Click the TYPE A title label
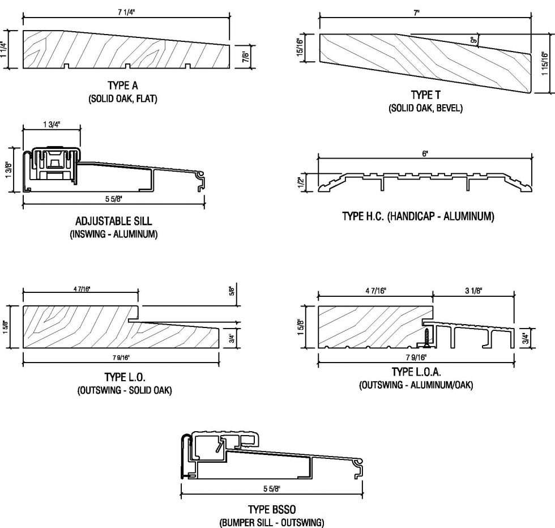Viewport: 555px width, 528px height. coord(122,86)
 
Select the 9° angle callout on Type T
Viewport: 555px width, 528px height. coord(473,40)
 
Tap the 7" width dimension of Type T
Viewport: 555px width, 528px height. coord(417,12)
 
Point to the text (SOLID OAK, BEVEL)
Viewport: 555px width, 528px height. coord(425,108)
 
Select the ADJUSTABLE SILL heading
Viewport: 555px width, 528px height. coord(113,221)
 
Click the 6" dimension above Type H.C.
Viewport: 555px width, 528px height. coord(424,154)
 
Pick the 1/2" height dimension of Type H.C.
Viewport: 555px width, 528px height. coord(301,183)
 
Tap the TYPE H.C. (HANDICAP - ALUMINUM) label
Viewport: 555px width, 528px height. coord(418,216)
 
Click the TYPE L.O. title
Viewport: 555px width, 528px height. coord(124,377)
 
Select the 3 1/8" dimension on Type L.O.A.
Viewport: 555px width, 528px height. coord(473,291)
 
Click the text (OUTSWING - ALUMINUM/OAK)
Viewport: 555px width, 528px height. coord(416,385)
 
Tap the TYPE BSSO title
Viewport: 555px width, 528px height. coord(272,509)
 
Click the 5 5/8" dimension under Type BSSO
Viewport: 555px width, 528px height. coord(271,488)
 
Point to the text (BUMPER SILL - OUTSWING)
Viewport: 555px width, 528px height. coord(272,522)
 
